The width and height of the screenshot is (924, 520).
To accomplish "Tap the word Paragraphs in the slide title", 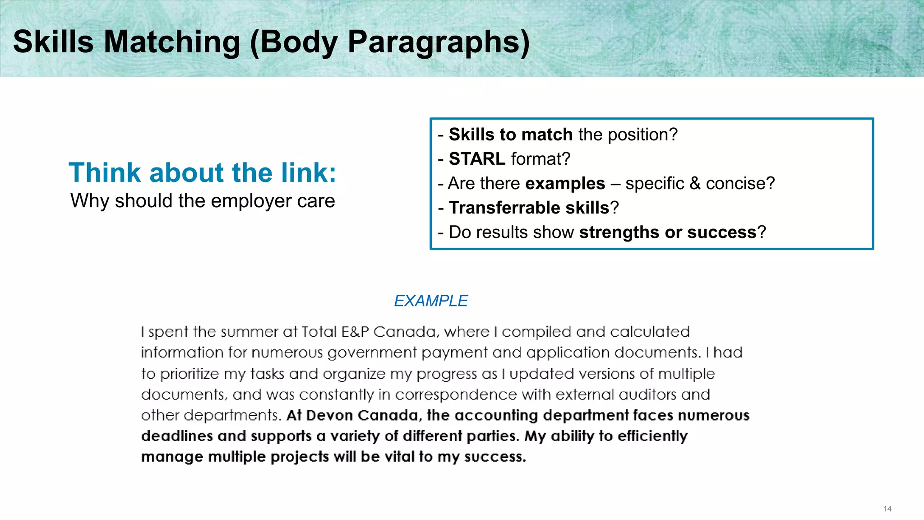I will pyautogui.click(x=434, y=42).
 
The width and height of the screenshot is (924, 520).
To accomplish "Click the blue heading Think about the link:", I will pyautogui.click(x=203, y=172).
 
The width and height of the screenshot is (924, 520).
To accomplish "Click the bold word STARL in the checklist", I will pyautogui.click(x=477, y=159).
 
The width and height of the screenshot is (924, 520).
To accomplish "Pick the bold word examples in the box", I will pyautogui.click(x=565, y=183).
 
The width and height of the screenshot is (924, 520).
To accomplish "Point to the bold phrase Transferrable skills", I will pyautogui.click(x=529, y=208).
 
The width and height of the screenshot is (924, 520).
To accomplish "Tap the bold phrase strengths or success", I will pyautogui.click(x=667, y=232).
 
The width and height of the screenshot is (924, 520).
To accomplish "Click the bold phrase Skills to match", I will pyautogui.click(x=510, y=135).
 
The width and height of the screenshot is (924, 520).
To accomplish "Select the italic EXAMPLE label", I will pyautogui.click(x=431, y=301).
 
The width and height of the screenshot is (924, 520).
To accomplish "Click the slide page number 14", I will pyautogui.click(x=887, y=509).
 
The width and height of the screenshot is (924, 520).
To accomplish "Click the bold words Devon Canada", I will pyautogui.click(x=362, y=415).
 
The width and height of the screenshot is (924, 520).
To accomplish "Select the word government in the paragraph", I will pyautogui.click(x=372, y=353).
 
